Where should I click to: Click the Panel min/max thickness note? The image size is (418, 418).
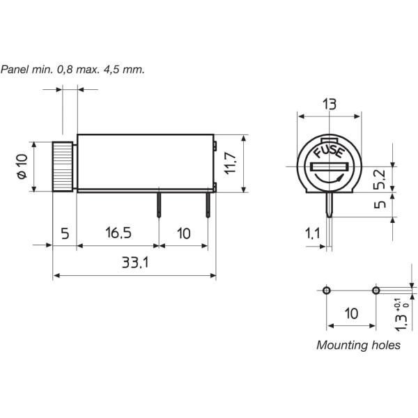pyautogui.click(x=72, y=70)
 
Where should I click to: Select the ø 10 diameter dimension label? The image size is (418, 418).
pyautogui.click(x=22, y=167)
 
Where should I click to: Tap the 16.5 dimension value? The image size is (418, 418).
pyautogui.click(x=118, y=232)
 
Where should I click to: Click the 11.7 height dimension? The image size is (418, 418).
pyautogui.click(x=231, y=162)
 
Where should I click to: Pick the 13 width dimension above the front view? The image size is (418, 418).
pyautogui.click(x=330, y=104)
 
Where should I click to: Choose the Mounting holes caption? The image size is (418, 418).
pyautogui.click(x=358, y=345)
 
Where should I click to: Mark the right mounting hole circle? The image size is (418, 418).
pyautogui.click(x=376, y=290)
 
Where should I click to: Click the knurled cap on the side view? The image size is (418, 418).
pyautogui.click(x=63, y=167)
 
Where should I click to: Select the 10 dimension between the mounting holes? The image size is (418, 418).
pyautogui.click(x=351, y=313)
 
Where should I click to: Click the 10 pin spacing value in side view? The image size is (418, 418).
pyautogui.click(x=183, y=232)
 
